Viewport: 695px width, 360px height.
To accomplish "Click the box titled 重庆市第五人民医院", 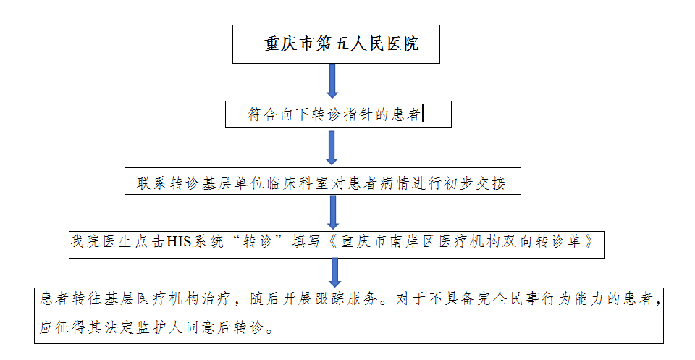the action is click(336, 44).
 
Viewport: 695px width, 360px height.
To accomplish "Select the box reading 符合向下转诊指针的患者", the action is click(338, 114).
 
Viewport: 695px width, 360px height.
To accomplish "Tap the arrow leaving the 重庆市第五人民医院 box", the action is click(332, 81).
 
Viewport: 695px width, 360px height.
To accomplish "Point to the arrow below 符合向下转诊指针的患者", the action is click(332, 148).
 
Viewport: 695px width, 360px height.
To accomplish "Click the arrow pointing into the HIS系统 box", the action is click(333, 212).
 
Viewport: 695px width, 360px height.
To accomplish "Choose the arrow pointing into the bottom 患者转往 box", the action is click(335, 272).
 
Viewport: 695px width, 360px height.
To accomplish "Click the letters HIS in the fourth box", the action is click(178, 242).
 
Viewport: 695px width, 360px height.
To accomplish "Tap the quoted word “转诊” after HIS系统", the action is click(258, 242).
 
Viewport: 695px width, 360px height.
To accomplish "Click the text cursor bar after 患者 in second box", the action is click(423, 114).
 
